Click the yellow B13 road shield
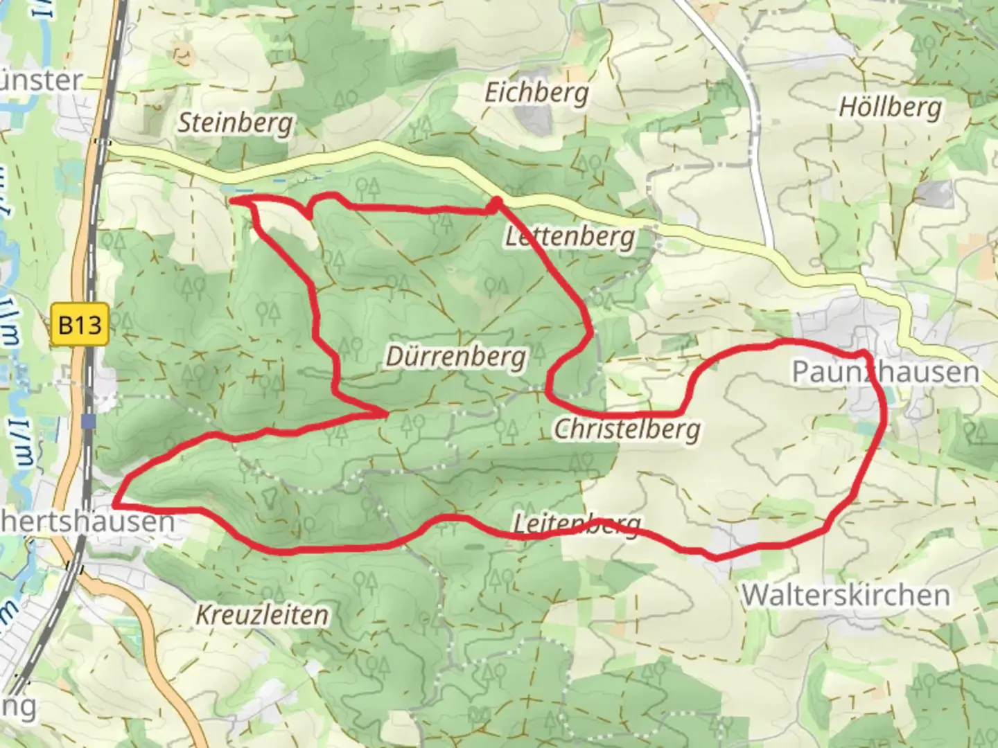[80, 324]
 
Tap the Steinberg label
[235, 123]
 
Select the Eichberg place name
[536, 92]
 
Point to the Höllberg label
[890, 107]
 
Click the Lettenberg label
[569, 237]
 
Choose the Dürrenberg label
[455, 357]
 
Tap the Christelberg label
[627, 429]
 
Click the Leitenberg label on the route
[577, 524]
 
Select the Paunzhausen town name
[885, 372]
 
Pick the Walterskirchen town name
[846, 595]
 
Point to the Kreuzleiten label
[262, 614]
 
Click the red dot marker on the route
[495, 202]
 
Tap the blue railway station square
[88, 421]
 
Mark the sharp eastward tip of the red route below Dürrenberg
[385, 413]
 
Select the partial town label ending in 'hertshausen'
[87, 522]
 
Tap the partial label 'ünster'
[42, 80]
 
